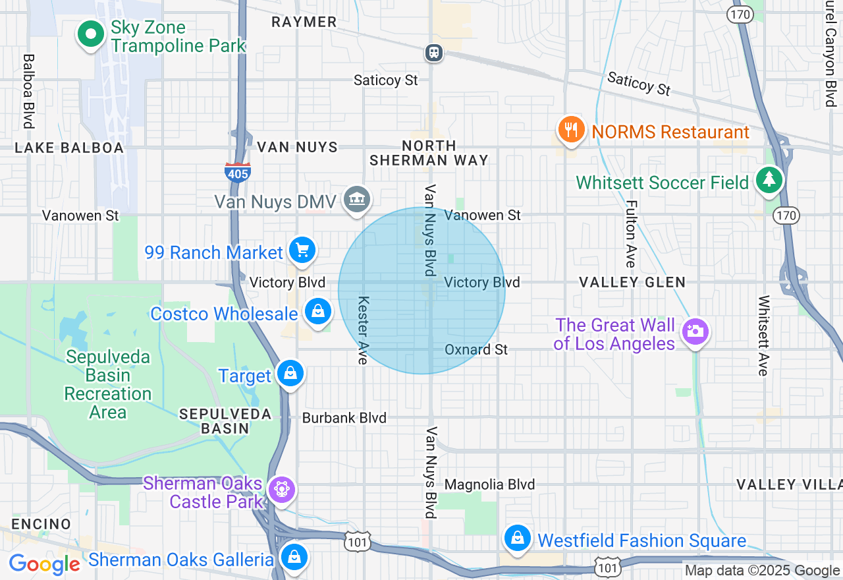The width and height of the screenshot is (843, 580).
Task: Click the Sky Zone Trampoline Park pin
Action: coord(91,33)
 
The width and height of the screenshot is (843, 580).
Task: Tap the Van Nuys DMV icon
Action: coord(356,199)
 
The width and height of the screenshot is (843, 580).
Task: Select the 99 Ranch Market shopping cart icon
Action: coord(302,250)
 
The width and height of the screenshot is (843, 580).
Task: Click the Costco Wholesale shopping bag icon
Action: coord(318,312)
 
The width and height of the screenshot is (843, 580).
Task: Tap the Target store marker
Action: coord(290,374)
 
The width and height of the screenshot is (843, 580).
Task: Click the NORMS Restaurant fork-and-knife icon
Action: coord(571,130)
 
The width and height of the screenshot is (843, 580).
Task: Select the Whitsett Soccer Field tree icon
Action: coord(768,180)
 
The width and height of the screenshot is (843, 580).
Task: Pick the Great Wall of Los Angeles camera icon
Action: coord(695,331)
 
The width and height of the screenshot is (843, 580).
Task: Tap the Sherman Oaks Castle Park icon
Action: coord(282,489)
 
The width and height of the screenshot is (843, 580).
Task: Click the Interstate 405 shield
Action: coord(237,173)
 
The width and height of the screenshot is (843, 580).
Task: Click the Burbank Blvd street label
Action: coord(344,418)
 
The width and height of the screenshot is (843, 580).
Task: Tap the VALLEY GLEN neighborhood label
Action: coord(632,282)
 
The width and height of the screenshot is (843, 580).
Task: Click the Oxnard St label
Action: coord(476,349)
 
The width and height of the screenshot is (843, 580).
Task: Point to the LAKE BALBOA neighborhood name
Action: coord(69,148)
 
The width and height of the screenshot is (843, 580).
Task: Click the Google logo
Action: coord(45,564)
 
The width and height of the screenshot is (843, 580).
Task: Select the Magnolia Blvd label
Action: coord(490,484)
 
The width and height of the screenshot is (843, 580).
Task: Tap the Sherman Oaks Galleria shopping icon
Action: coord(294,556)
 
